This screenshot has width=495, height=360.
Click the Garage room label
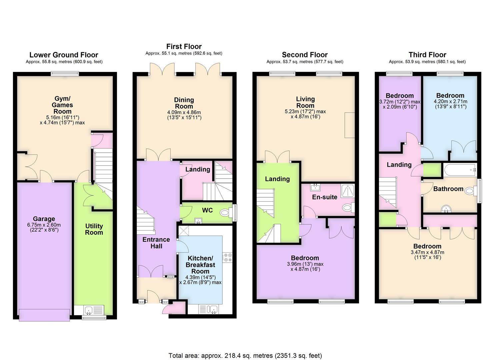coord(44,219)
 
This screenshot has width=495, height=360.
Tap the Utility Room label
coord(94,229)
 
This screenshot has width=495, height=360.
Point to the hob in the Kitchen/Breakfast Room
coord(228,257)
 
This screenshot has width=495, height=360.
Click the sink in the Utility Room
coord(88,310)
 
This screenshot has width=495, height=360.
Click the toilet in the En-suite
coord(348,208)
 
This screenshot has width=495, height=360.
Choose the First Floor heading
coord(184,46)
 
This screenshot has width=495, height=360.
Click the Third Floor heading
coord(427,55)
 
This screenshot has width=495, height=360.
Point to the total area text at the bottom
coord(245,356)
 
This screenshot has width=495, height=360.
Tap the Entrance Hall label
coord(156,243)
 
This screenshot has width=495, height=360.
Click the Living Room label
coord(305,102)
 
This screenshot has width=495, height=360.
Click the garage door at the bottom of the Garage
coord(44,315)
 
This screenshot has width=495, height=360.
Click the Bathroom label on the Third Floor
coord(448,189)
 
